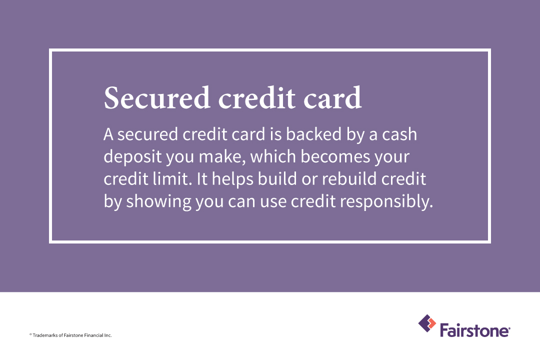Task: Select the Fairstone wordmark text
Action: (x=474, y=330)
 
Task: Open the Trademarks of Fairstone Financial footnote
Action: (x=70, y=335)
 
